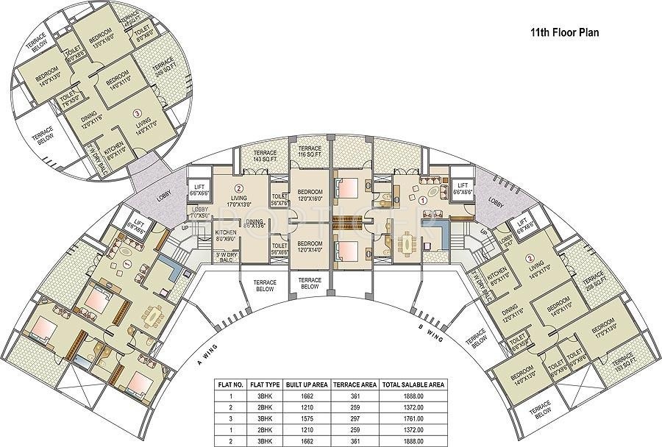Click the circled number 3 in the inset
click(x=137, y=114)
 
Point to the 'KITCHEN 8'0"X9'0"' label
click(x=225, y=235)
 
